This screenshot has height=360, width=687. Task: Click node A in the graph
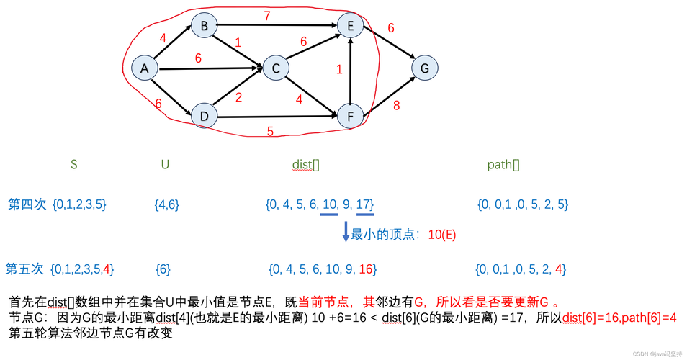pyautogui.click(x=145, y=68)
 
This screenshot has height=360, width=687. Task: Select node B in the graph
pyautogui.click(x=205, y=27)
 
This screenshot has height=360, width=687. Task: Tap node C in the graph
pyautogui.click(x=275, y=68)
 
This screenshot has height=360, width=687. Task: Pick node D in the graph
pyautogui.click(x=205, y=116)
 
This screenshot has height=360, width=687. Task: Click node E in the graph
pyautogui.click(x=351, y=27)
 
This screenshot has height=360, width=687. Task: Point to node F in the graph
pyautogui.click(x=351, y=116)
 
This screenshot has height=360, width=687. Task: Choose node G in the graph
pyautogui.click(x=425, y=68)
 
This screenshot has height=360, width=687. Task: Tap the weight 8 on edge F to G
pyautogui.click(x=396, y=105)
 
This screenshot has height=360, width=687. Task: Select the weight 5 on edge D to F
pyautogui.click(x=270, y=132)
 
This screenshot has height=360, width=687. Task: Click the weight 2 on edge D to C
pyautogui.click(x=238, y=98)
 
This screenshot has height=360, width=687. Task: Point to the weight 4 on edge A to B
pyautogui.click(x=163, y=38)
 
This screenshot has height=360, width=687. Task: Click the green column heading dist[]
pyautogui.click(x=306, y=165)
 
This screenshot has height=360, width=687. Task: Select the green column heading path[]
pyautogui.click(x=503, y=165)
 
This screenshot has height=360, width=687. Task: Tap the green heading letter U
pyautogui.click(x=166, y=165)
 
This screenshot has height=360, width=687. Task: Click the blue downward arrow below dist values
pyautogui.click(x=346, y=231)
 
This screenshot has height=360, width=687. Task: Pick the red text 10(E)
pyautogui.click(x=442, y=235)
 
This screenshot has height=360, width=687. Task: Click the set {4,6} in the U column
pyautogui.click(x=167, y=204)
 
